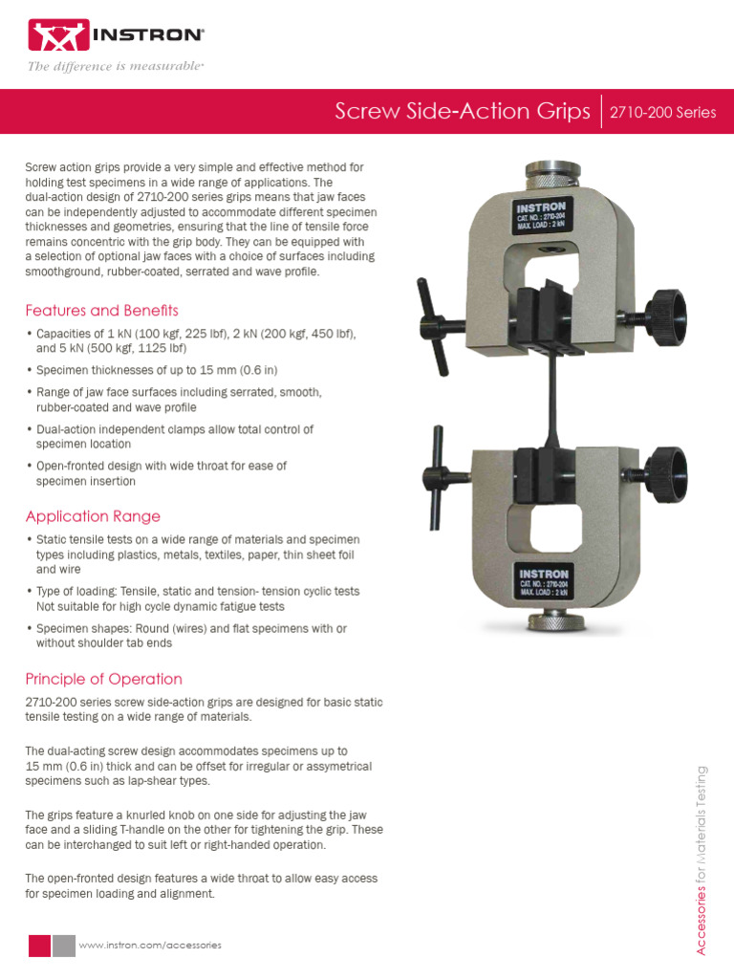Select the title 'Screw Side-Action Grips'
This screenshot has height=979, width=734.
[x=463, y=112]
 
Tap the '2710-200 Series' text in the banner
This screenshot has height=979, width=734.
[x=661, y=113]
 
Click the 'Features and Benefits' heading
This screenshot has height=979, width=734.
[x=101, y=311]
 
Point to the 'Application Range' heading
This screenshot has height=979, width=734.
[x=93, y=516]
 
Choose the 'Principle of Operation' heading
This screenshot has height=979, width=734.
[x=103, y=679]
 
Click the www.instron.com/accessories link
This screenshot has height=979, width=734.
[x=150, y=945]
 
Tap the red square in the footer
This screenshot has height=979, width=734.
[x=39, y=945]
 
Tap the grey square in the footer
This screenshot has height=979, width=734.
[x=64, y=945]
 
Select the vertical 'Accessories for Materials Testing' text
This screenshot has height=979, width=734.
[x=702, y=859]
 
